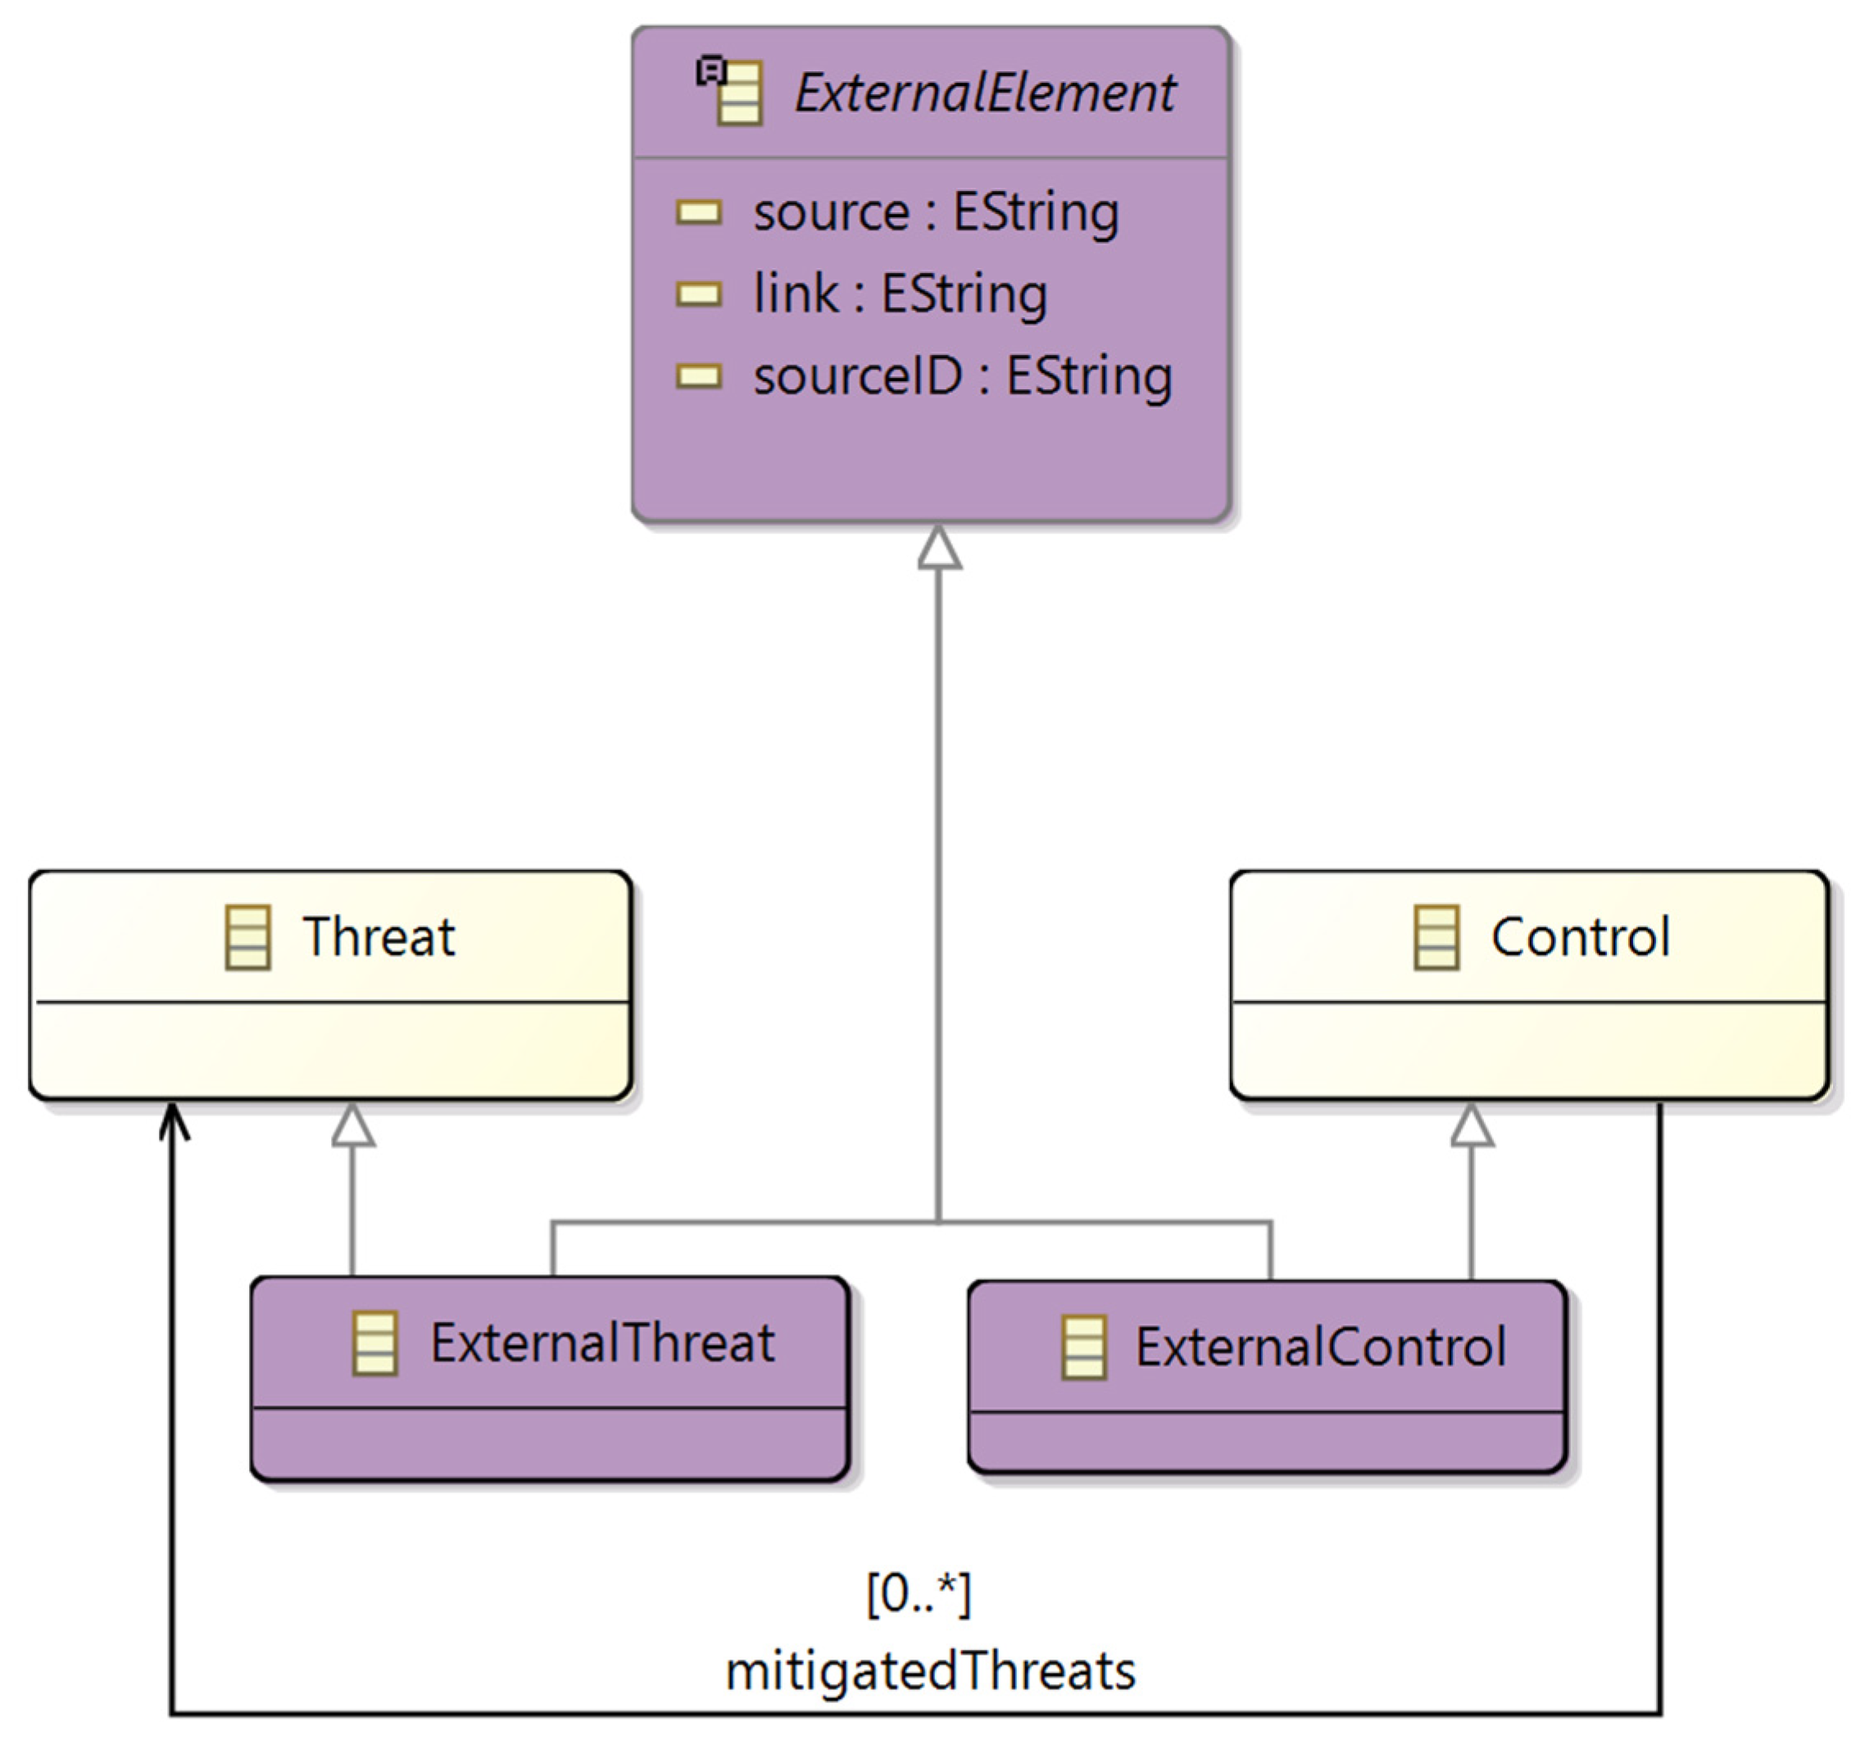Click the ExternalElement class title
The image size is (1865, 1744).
pos(984,93)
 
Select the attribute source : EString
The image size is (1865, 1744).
pos(935,212)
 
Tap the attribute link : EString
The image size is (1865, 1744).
pos(900,293)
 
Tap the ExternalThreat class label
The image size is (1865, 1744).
pos(602,1342)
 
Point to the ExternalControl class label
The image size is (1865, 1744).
pos(1320,1347)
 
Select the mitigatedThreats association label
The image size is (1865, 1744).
pos(931,1671)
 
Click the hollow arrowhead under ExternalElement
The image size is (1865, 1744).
pos(939,548)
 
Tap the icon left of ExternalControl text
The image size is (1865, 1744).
pos(1083,1347)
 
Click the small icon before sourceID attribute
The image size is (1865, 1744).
pos(699,376)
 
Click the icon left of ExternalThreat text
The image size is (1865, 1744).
pos(374,1343)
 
